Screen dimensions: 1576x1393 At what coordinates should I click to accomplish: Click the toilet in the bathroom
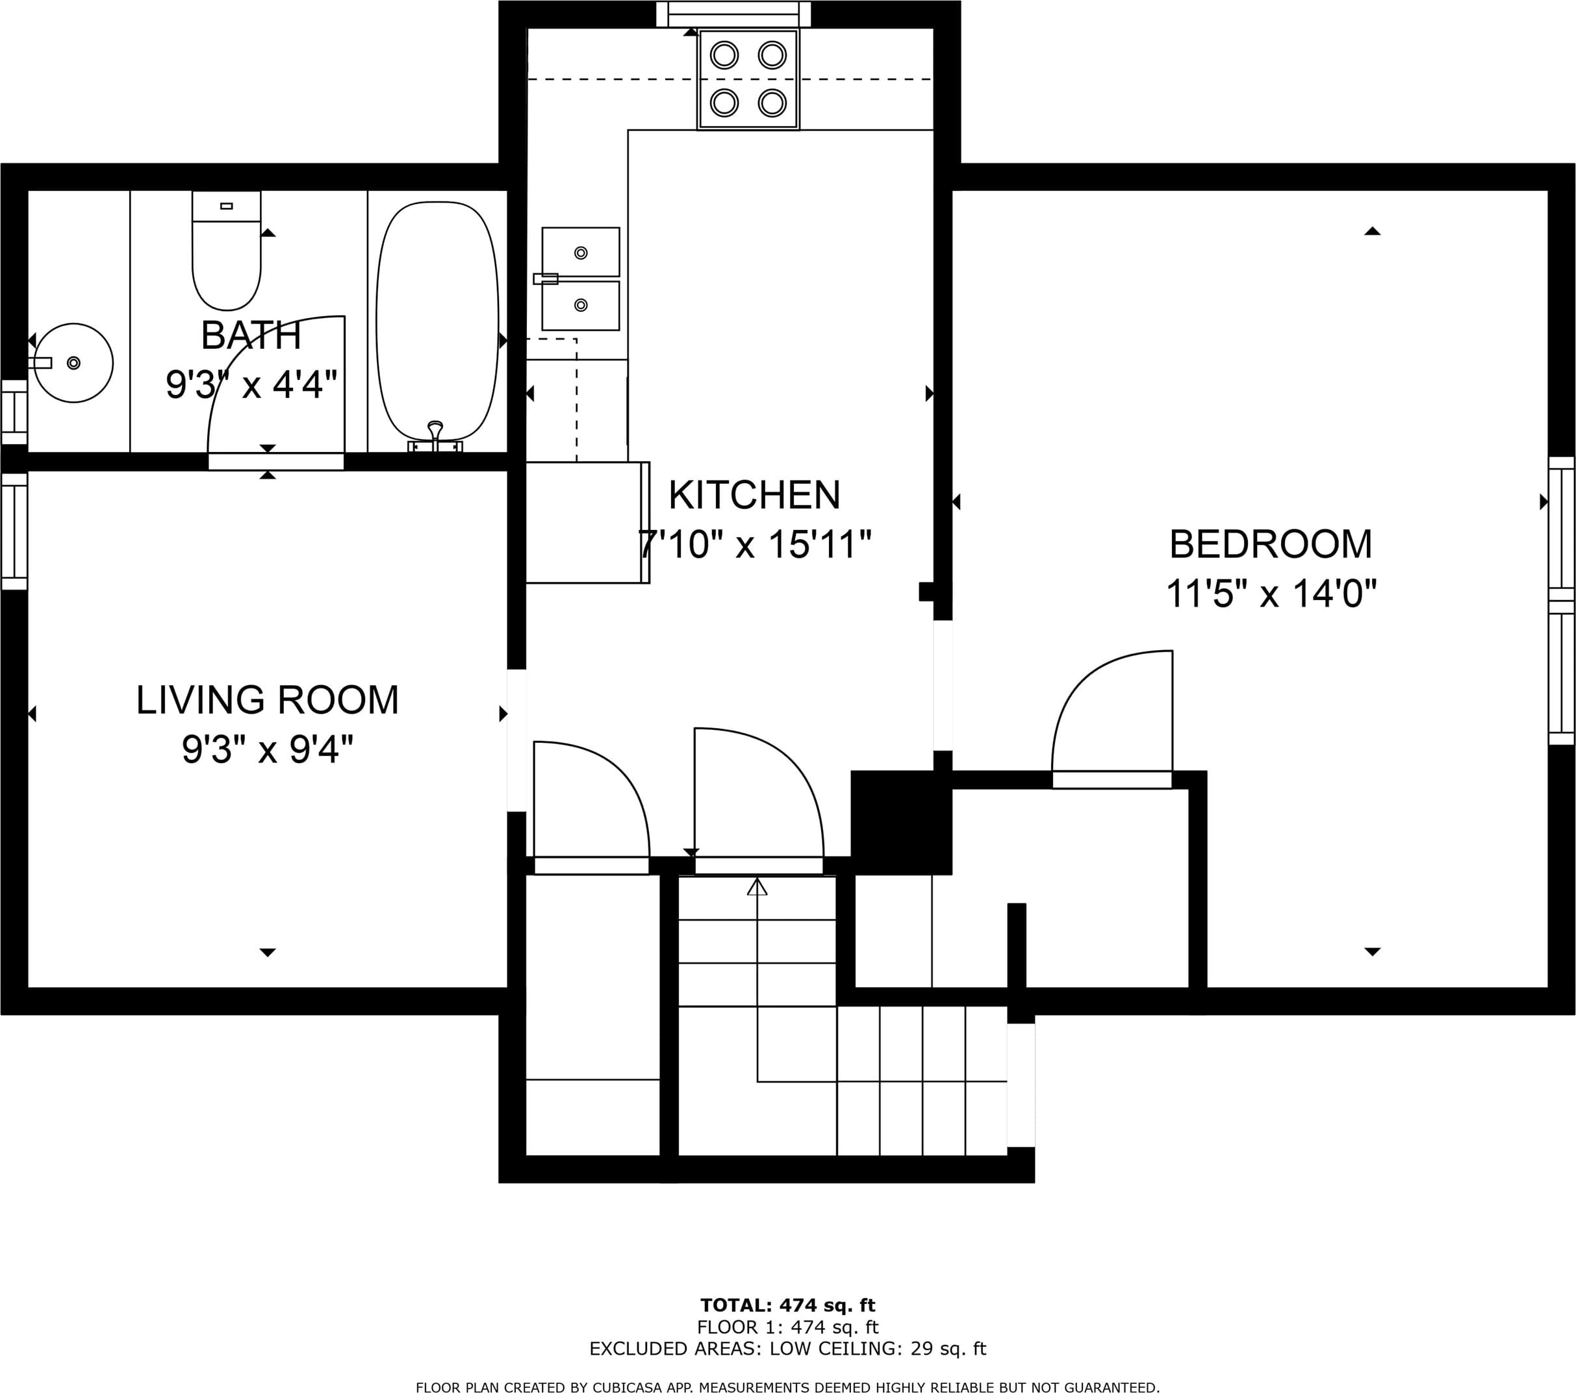pos(226,251)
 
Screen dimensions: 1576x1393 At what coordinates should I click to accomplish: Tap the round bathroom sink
pos(73,362)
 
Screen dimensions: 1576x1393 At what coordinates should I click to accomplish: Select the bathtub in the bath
pos(437,321)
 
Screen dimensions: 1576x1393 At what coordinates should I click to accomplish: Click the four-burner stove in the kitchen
pos(748,79)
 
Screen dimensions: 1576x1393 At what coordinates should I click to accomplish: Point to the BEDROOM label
pos(1271,544)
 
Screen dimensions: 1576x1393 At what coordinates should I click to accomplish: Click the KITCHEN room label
pos(754,495)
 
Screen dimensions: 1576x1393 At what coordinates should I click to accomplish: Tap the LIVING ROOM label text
pos(268,700)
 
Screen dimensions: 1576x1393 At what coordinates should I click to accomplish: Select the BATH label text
pos(251,335)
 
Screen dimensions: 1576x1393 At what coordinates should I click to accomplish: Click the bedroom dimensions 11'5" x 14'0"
pos(1271,594)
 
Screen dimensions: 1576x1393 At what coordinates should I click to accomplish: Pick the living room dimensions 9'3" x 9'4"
pos(268,749)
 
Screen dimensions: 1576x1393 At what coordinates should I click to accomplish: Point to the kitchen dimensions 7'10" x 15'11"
pos(755,544)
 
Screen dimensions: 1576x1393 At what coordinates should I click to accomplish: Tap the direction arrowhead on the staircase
pos(757,887)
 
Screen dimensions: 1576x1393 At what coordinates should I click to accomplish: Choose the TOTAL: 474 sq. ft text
pos(788,1305)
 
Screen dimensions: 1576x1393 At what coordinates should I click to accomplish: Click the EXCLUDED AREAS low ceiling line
pos(788,1348)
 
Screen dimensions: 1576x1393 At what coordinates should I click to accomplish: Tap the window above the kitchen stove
pos(733,14)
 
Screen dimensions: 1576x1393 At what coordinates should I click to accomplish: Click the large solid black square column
pos(901,822)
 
